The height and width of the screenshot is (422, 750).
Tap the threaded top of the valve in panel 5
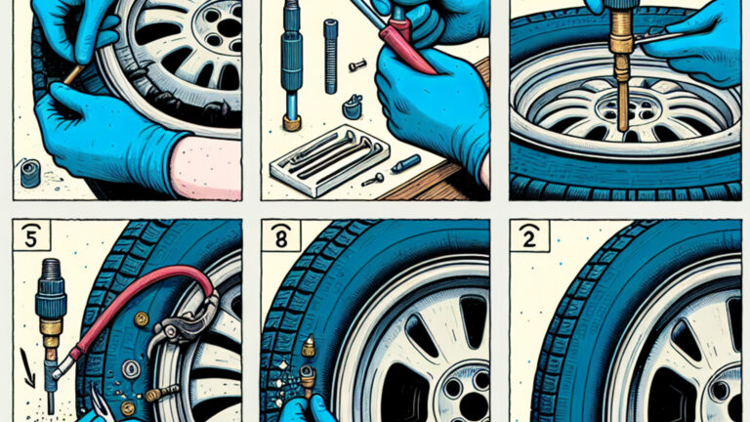point(49,272)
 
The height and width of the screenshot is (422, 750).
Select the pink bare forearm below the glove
point(205,166)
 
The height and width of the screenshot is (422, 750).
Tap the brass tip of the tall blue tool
point(292,123)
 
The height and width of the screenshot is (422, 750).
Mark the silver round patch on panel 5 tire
point(131,369)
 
